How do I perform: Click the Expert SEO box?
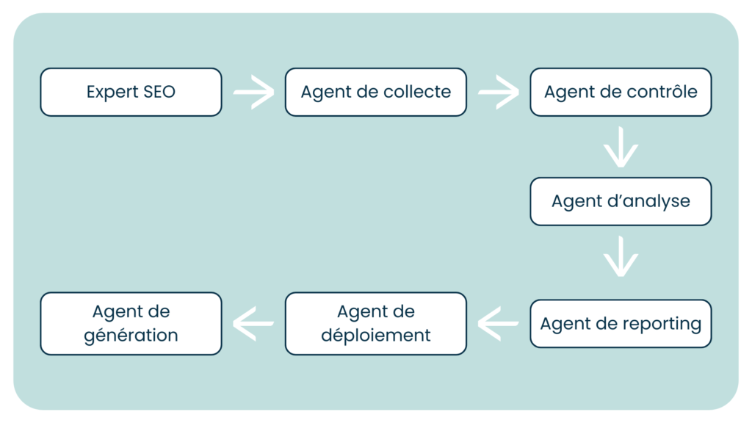[x=131, y=93]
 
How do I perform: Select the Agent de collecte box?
[x=375, y=93]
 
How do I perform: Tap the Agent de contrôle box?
[x=621, y=93]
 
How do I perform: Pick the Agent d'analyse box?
[x=621, y=201]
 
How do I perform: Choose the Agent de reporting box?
[x=621, y=324]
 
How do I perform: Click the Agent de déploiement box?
[x=375, y=324]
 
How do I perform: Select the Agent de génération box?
[x=131, y=324]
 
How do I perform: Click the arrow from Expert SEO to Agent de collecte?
[x=253, y=93]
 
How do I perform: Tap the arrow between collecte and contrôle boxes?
[x=498, y=93]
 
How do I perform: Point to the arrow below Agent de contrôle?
[x=621, y=147]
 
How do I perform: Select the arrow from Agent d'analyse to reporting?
[x=621, y=256]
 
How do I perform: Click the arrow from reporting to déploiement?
[x=498, y=324]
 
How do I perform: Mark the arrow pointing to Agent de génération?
[x=253, y=324]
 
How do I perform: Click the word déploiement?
[x=375, y=336]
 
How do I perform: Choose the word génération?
[x=131, y=336]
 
